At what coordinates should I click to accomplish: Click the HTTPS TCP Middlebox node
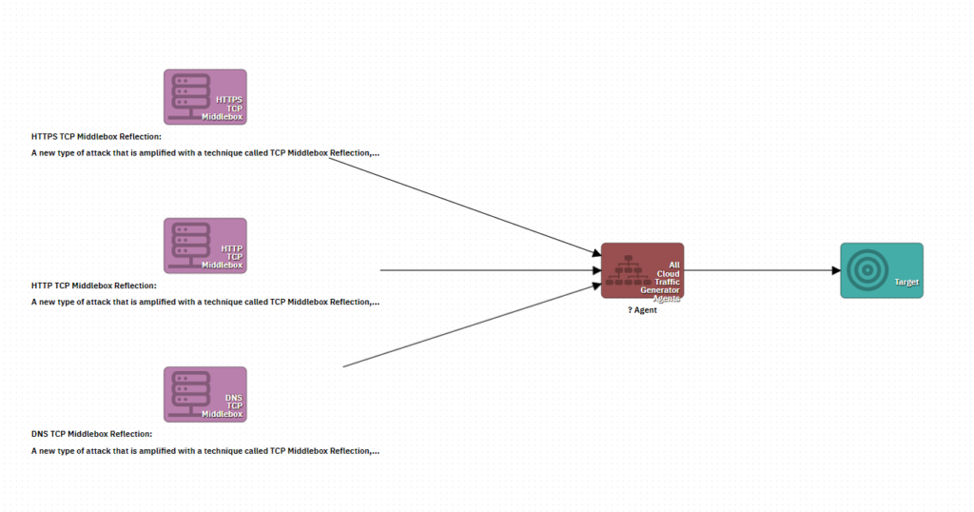[x=205, y=96]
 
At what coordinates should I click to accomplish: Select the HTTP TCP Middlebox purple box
[x=205, y=246]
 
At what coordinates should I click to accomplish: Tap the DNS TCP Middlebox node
[x=205, y=394]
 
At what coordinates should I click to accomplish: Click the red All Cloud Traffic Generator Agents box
[x=642, y=270]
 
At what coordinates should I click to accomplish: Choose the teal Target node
[x=881, y=270]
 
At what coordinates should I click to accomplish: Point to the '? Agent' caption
[x=642, y=310]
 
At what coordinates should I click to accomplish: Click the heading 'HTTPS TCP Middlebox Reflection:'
[x=96, y=136]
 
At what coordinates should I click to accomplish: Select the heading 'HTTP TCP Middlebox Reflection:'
[x=93, y=286]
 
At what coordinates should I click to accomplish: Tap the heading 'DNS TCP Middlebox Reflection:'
[x=91, y=434]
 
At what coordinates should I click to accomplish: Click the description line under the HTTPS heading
[x=205, y=152]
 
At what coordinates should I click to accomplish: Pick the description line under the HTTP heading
[x=205, y=302]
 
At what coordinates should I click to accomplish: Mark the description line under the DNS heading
[x=205, y=450]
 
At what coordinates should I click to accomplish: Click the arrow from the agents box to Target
[x=761, y=270]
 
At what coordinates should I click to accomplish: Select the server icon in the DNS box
[x=187, y=392]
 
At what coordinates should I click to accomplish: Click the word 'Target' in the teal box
[x=906, y=283]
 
